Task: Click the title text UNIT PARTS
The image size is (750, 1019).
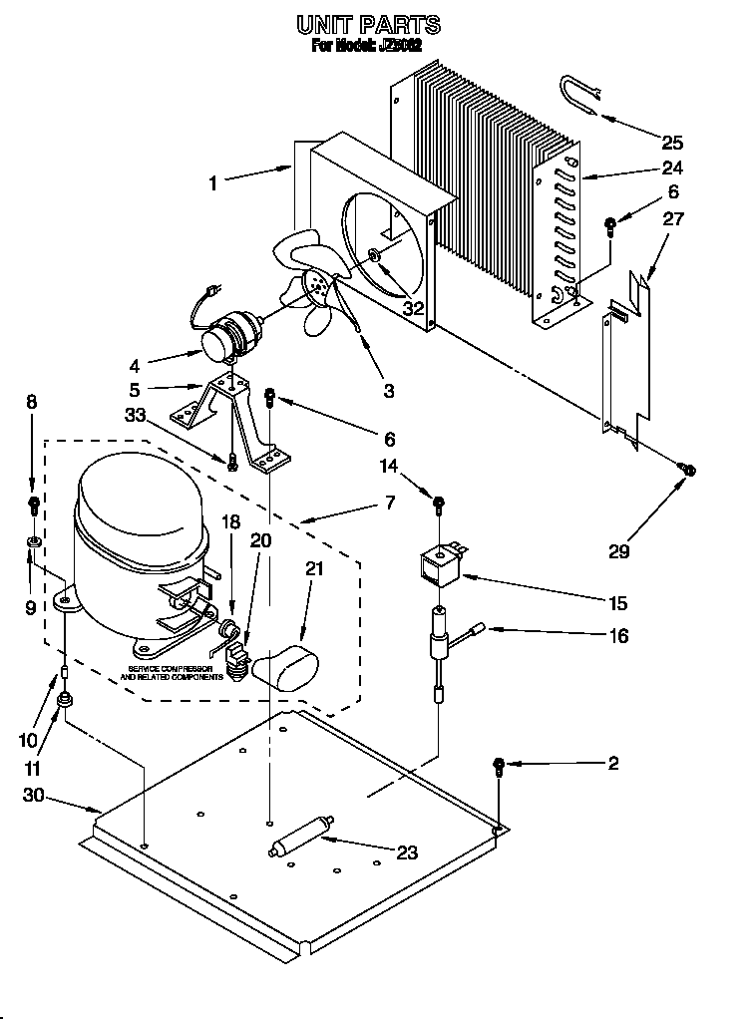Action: tap(369, 24)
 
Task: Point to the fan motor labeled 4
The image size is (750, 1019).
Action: tap(223, 339)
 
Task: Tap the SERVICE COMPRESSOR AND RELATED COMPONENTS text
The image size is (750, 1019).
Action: tap(173, 672)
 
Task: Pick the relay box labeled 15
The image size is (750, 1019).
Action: tap(438, 569)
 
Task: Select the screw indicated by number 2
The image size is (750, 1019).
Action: tap(499, 766)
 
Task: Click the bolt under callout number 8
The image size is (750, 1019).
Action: tap(33, 503)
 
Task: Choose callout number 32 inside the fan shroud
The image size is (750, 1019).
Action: tap(413, 308)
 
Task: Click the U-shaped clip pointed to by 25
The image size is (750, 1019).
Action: tap(579, 94)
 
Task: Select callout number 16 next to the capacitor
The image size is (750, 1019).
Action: tap(618, 635)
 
